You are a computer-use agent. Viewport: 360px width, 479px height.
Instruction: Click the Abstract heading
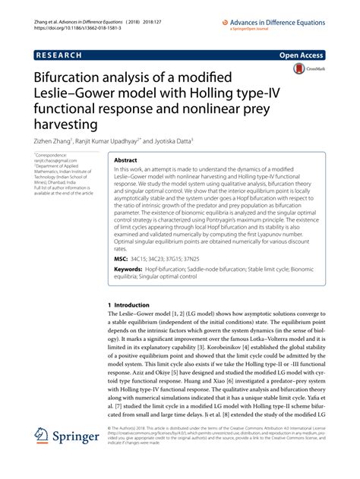click(125, 162)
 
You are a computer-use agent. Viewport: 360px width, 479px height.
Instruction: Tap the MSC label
click(121, 259)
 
